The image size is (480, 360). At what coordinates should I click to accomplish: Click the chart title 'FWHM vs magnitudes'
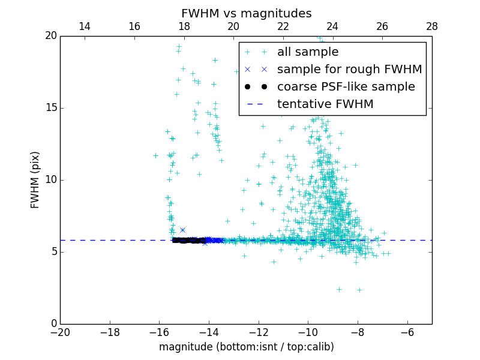pos(246,13)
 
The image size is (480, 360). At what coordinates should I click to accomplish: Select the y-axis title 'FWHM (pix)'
pos(35,180)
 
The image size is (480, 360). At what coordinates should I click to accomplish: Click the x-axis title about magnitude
pos(246,347)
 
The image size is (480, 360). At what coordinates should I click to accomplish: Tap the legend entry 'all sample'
pos(307,52)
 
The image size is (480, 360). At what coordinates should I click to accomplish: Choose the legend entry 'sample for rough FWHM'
pos(349,70)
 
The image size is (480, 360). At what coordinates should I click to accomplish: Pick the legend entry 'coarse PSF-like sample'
pos(346,87)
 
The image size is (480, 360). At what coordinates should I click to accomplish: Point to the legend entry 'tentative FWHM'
pos(325,104)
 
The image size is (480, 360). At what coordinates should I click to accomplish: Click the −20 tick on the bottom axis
pos(60,332)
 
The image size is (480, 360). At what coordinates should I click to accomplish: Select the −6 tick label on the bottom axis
pos(407,332)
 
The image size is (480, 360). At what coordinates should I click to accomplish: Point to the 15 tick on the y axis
pos(49,108)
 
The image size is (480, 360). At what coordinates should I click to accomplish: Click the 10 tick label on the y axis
pos(49,180)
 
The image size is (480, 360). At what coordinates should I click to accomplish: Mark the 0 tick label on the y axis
pos(53,324)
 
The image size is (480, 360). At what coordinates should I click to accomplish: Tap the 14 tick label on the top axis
pos(85,26)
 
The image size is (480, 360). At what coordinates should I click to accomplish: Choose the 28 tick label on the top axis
pos(432,26)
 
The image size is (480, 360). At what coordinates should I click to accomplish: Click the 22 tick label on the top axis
pos(283,26)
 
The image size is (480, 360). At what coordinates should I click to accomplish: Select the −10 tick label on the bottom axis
pos(308,332)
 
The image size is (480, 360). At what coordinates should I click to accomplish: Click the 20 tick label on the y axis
pos(49,36)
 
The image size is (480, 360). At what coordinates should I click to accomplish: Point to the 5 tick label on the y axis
pos(53,252)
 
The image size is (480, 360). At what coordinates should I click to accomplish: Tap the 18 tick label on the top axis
pos(184,26)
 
